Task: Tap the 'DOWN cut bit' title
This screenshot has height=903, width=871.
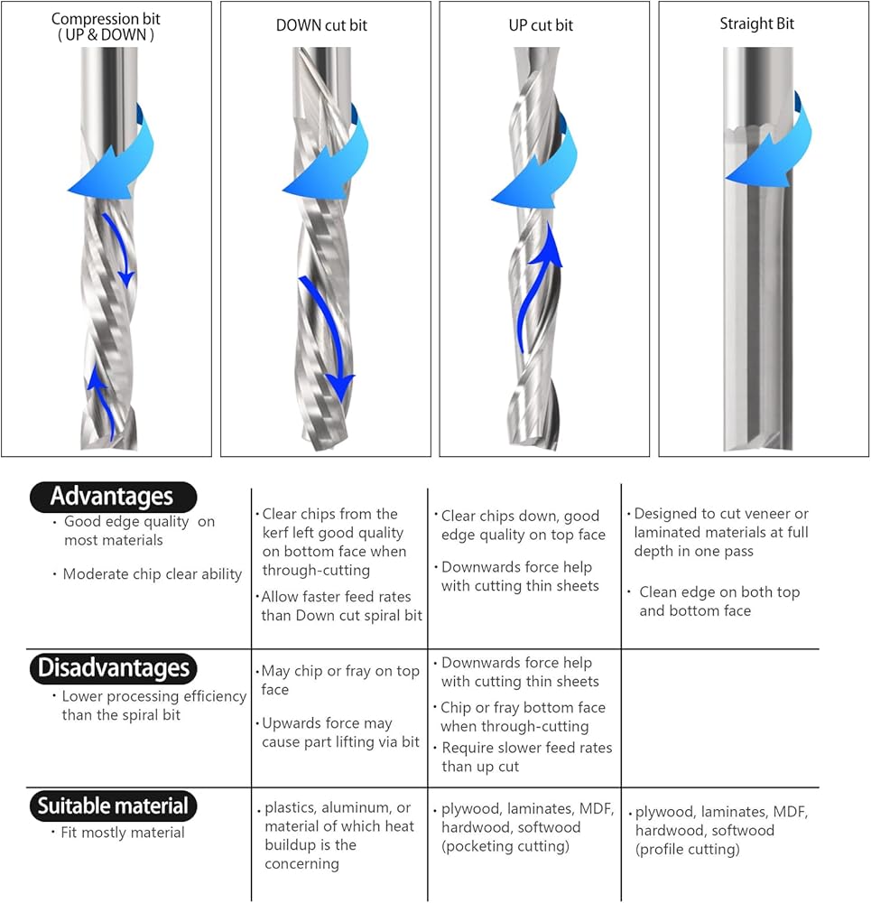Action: pos(321,25)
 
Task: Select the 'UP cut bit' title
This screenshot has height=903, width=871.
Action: pos(541,25)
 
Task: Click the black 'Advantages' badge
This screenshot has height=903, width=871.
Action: pos(113,496)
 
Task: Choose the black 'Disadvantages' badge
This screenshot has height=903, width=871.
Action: pos(113,668)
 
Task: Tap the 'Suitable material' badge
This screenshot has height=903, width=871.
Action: pos(113,805)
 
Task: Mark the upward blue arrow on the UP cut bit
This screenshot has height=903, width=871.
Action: pos(539,289)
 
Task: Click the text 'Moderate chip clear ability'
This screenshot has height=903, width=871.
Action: pos(153,574)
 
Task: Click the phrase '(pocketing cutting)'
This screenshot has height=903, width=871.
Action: pos(505,846)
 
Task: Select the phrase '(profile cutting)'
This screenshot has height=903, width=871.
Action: pos(687,849)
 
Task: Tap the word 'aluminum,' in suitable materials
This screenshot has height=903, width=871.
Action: pos(358,807)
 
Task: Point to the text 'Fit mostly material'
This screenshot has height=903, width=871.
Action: pos(124,833)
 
